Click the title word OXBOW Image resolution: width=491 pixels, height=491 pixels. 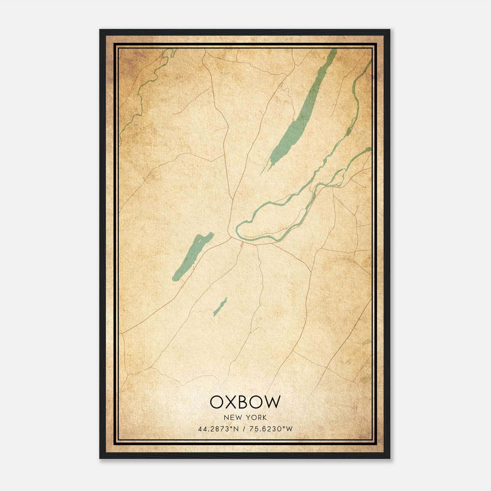click(245, 402)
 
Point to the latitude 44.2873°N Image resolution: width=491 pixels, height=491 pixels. click(218, 429)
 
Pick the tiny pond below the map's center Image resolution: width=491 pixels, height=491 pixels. click(220, 307)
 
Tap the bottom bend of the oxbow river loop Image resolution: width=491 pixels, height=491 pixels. click(261, 238)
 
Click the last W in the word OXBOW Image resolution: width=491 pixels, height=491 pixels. click(272, 402)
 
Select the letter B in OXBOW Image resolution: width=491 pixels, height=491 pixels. click(245, 402)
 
